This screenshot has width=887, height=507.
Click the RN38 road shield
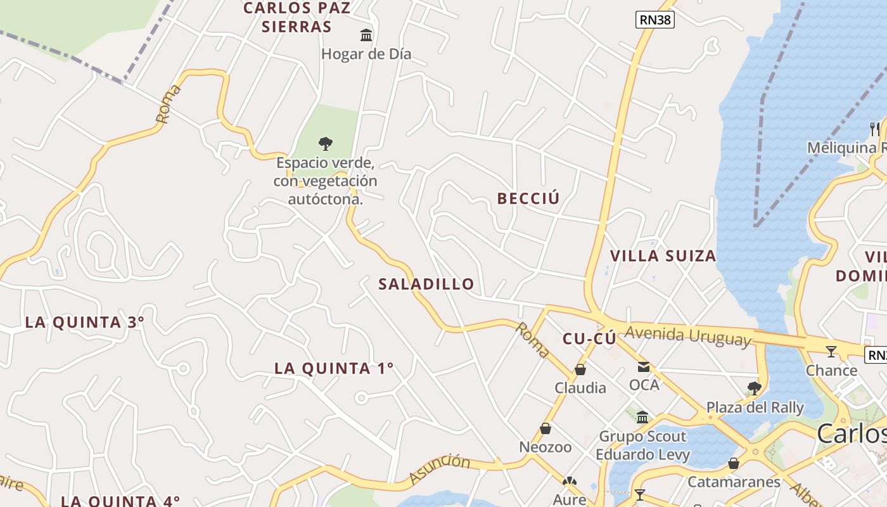tap(655, 20)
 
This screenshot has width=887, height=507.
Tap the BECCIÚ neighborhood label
tap(528, 198)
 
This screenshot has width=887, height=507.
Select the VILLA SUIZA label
tap(663, 256)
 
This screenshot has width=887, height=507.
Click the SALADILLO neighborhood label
tap(426, 284)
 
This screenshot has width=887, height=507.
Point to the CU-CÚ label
tap(589, 339)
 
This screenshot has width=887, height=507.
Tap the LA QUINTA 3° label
tap(85, 322)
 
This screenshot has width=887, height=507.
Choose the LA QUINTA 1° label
tap(334, 368)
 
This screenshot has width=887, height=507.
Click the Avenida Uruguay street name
tap(687, 335)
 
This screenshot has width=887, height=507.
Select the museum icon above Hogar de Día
tap(366, 35)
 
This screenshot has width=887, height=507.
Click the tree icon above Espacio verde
tap(325, 144)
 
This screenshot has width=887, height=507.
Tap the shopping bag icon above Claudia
tap(580, 369)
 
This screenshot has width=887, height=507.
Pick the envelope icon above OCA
tap(644, 366)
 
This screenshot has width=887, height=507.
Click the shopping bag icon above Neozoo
tap(545, 429)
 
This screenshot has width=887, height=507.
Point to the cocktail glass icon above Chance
tap(831, 351)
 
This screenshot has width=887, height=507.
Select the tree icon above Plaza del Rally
tap(754, 388)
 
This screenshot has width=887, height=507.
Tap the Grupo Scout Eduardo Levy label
tap(642, 446)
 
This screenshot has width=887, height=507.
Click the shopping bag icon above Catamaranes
tap(734, 463)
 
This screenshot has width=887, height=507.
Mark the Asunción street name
tap(440, 469)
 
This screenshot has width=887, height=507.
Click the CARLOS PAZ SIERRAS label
tap(297, 17)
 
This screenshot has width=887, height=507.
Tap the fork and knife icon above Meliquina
tap(874, 129)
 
